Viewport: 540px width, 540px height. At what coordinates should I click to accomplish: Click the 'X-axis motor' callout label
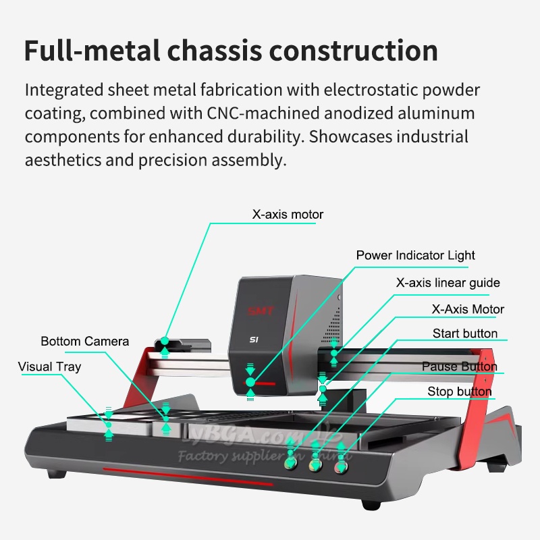point(288,215)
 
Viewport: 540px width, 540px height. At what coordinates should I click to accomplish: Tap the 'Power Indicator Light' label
point(415,255)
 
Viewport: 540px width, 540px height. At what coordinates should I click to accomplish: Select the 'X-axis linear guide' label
point(448,282)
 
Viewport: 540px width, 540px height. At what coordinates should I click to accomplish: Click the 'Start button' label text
point(464,333)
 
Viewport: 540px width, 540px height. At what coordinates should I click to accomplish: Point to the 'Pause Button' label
point(459,367)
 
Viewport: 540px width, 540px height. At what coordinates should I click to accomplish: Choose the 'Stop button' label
point(459,391)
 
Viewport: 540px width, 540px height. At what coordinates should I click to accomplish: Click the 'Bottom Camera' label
point(84,341)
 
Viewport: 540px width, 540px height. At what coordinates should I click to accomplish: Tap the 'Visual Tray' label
point(49,367)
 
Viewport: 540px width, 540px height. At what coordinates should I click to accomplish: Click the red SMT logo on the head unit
point(261,311)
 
